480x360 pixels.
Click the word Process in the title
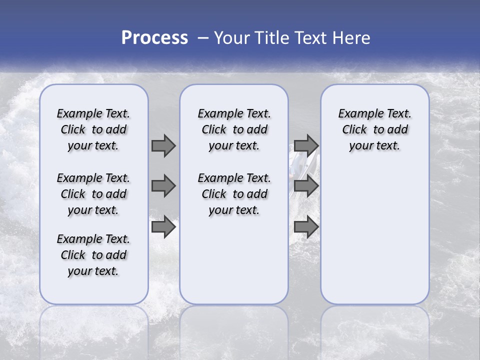coord(154,38)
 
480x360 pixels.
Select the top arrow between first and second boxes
coord(163,145)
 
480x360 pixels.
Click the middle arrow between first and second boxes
coord(163,186)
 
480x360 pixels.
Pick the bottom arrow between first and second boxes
coord(163,227)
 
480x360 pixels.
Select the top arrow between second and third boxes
coord(306,145)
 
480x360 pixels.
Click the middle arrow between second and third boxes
coord(306,186)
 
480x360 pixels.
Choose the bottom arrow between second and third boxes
coord(306,227)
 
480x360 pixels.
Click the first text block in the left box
coord(93,129)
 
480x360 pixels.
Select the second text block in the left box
coord(93,194)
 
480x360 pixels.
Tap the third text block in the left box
coord(93,255)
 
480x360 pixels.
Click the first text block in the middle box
coord(234,129)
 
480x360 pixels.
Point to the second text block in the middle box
coord(234,194)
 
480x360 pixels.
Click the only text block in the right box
coord(374,129)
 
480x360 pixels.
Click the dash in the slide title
coord(203,38)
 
